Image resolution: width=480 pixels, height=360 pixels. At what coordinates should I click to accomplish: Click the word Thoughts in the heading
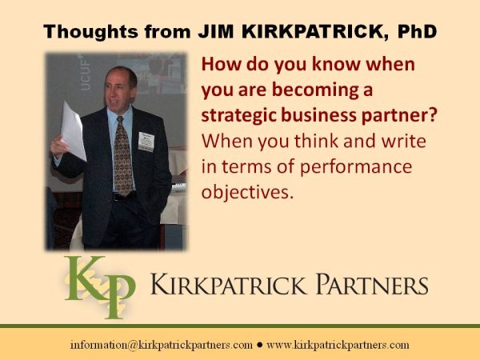point(91,31)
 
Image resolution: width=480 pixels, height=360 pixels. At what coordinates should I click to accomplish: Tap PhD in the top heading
point(417,31)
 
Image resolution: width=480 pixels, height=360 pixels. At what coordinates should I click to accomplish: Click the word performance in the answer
point(356,167)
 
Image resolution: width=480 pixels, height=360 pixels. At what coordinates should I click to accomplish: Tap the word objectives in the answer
point(247,192)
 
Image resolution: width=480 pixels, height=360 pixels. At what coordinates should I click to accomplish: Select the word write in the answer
point(404,141)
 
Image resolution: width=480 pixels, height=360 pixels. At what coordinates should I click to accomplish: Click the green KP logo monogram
point(99,286)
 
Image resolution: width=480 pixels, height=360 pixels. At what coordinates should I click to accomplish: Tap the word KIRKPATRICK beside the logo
point(228,284)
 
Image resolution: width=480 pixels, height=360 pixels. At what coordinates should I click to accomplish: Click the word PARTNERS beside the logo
point(372,284)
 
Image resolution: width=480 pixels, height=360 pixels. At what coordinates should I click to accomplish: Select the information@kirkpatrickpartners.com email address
point(162,345)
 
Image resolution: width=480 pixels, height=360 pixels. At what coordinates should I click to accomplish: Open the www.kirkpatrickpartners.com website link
point(338,345)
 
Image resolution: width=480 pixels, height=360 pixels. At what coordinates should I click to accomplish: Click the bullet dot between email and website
point(260,345)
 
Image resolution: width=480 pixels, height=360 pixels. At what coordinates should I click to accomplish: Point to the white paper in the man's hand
point(74,131)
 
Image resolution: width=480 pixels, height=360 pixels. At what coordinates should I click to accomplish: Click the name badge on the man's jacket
point(146,142)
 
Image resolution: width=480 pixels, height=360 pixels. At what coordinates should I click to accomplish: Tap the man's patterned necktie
point(123,156)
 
